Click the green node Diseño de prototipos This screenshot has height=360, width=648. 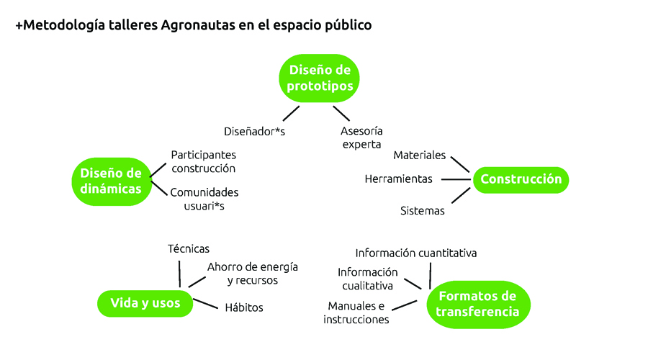(x=319, y=78)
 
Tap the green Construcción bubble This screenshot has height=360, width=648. (x=521, y=180)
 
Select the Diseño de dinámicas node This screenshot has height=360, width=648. (x=112, y=181)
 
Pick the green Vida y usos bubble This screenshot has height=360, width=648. (x=145, y=303)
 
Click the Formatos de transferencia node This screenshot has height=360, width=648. (x=478, y=305)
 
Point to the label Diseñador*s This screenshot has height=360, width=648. (x=255, y=132)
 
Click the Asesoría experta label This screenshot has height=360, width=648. (x=361, y=138)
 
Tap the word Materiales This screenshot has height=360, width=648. (x=420, y=156)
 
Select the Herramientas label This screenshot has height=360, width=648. (x=398, y=179)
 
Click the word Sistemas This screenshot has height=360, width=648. (x=423, y=211)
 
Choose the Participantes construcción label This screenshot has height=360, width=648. (x=203, y=161)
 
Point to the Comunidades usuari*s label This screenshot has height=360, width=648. (x=204, y=199)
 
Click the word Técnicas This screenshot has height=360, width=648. (x=189, y=249)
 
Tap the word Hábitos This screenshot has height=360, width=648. (x=244, y=307)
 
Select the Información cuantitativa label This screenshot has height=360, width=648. (x=415, y=253)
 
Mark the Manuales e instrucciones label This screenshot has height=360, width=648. (x=356, y=312)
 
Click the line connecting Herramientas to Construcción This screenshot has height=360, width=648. (x=456, y=179)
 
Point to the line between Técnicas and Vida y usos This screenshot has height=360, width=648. (x=179, y=274)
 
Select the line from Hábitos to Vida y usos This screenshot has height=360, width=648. (x=205, y=304)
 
